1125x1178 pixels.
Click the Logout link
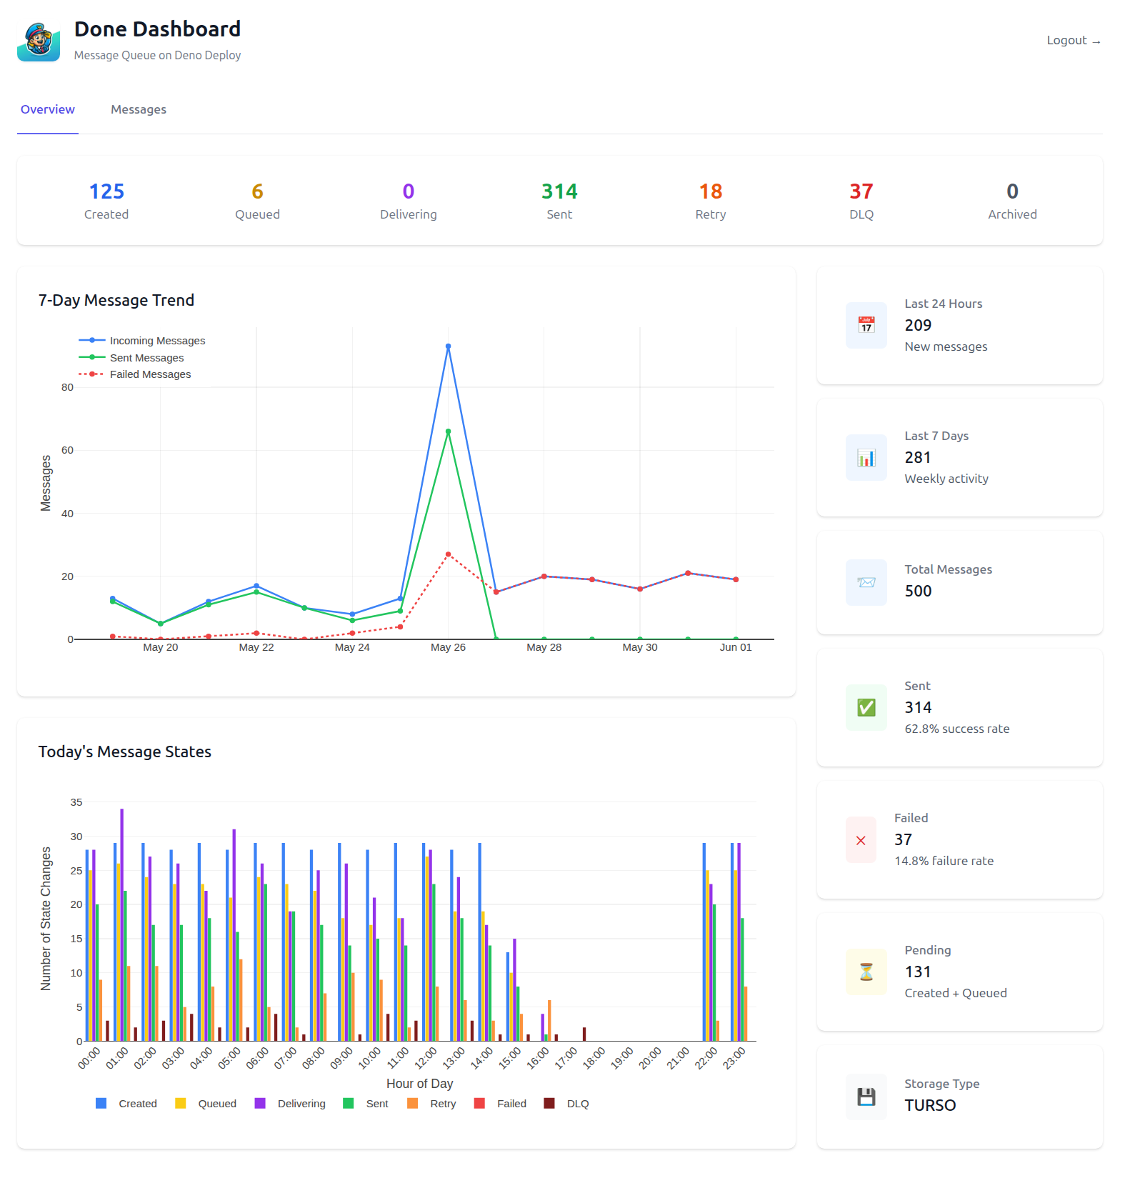(1073, 41)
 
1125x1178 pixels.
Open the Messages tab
(139, 109)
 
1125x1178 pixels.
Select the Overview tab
(48, 109)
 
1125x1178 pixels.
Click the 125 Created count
(106, 191)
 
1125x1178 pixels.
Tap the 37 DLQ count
(861, 191)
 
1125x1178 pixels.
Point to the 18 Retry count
(710, 191)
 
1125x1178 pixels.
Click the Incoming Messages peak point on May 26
(448, 346)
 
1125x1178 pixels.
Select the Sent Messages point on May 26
(448, 431)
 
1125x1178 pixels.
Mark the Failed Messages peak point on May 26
(448, 554)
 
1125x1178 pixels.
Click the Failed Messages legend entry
(150, 374)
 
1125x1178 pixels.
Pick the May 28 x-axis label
(544, 647)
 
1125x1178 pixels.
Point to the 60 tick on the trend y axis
(67, 450)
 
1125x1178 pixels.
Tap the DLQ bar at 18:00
(584, 1034)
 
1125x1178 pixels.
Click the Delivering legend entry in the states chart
(301, 1104)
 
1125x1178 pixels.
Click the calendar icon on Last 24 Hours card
(866, 325)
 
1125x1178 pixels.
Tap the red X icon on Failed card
(861, 840)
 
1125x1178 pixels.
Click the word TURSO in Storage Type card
(929, 1105)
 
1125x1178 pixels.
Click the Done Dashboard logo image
(39, 41)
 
